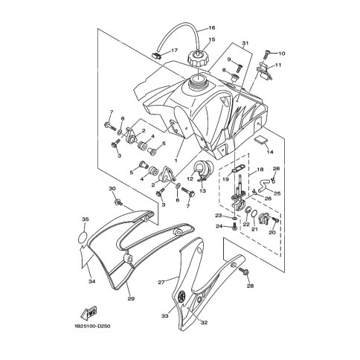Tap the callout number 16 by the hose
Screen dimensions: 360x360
pyautogui.click(x=211, y=28)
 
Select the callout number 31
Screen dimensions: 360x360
pyautogui.click(x=245, y=42)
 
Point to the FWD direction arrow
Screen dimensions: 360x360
pyautogui.click(x=89, y=312)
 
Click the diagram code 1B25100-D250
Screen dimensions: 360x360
pyautogui.click(x=92, y=326)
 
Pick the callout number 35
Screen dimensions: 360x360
pyautogui.click(x=86, y=219)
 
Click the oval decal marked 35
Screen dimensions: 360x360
pyautogui.click(x=83, y=238)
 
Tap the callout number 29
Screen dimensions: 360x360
pyautogui.click(x=131, y=299)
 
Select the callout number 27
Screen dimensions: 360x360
pyautogui.click(x=161, y=282)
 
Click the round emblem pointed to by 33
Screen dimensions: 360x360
pyautogui.click(x=182, y=296)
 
